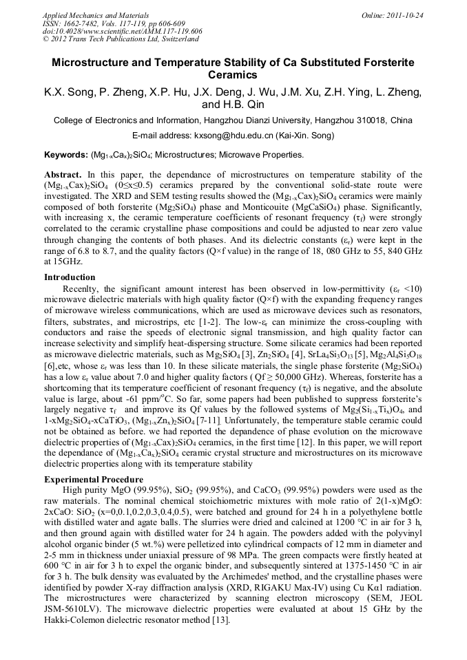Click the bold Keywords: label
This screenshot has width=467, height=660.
pyautogui.click(x=66, y=155)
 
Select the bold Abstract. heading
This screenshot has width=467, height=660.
pyautogui.click(x=63, y=175)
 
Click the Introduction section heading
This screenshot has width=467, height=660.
pyautogui.click(x=70, y=277)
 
